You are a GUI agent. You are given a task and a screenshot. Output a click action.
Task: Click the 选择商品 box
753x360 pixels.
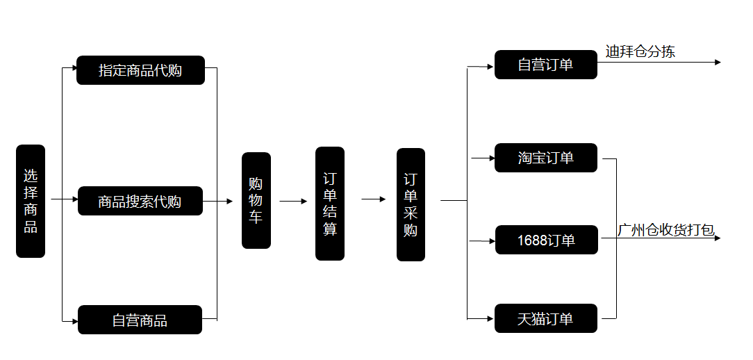click(x=31, y=201)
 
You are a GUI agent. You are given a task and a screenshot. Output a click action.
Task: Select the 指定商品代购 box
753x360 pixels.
click(x=140, y=70)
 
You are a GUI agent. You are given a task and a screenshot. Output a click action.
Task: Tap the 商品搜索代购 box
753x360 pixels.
click(x=140, y=202)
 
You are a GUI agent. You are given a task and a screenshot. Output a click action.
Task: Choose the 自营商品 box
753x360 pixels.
click(x=140, y=320)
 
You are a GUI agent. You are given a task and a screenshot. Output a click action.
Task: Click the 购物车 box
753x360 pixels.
click(x=256, y=200)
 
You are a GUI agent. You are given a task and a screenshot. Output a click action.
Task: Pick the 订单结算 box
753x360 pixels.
click(x=330, y=203)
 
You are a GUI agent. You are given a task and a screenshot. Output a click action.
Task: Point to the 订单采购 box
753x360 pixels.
click(x=411, y=204)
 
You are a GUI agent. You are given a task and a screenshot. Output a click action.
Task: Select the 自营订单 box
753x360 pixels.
click(x=545, y=65)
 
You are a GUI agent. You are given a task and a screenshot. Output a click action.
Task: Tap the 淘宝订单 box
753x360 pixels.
click(x=545, y=158)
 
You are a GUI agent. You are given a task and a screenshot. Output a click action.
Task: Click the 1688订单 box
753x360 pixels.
click(x=546, y=240)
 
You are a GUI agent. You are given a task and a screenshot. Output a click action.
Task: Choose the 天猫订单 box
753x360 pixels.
click(x=545, y=318)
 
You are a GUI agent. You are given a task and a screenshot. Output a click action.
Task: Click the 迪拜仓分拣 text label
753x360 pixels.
click(x=640, y=51)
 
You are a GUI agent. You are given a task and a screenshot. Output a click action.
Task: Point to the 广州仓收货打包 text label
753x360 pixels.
click(x=665, y=230)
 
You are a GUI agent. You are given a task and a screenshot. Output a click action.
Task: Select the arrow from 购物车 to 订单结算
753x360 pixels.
click(x=293, y=202)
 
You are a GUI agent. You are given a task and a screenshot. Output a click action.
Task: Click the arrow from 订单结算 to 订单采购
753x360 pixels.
click(x=374, y=199)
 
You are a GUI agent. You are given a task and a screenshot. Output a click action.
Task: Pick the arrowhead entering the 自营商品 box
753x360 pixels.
click(x=74, y=321)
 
